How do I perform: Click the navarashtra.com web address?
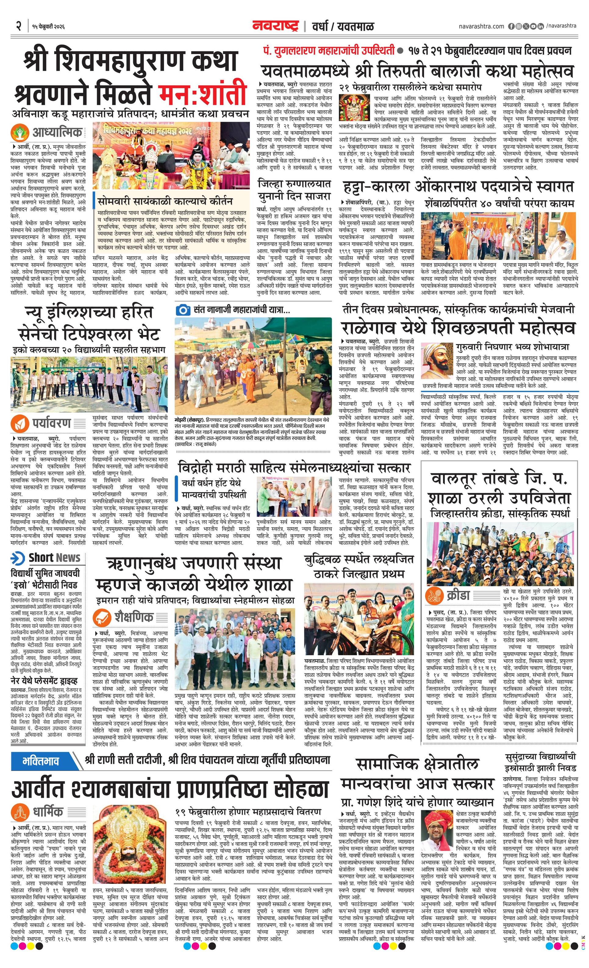[481, 26]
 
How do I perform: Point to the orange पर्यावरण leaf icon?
[19, 423]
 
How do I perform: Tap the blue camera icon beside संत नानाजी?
[182, 310]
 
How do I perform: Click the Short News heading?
[46, 558]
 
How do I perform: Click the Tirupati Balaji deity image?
[355, 108]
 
